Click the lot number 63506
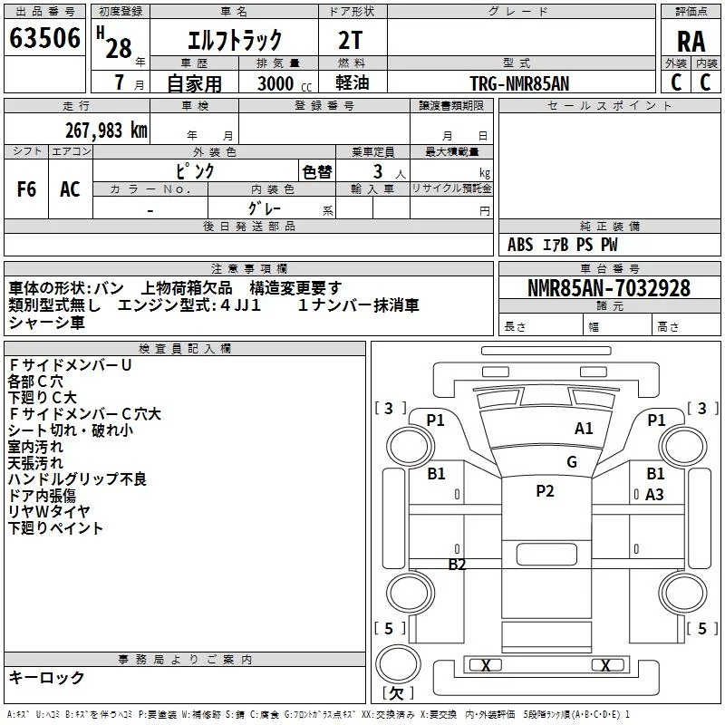44,37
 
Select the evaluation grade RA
691,42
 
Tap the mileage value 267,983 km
106,130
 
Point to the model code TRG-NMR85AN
519,83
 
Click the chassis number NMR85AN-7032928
609,288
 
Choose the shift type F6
26,189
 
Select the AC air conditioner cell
70,189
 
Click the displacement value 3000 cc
285,83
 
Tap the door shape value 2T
350,40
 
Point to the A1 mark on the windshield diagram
584,429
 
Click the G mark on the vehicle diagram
572,461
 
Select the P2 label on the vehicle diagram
545,490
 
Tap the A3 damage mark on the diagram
654,495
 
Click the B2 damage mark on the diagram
457,564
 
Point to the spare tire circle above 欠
398,663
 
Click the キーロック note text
46,677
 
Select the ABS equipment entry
520,245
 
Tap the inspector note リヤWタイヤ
49,511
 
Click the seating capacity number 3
378,171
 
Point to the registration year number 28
119,49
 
